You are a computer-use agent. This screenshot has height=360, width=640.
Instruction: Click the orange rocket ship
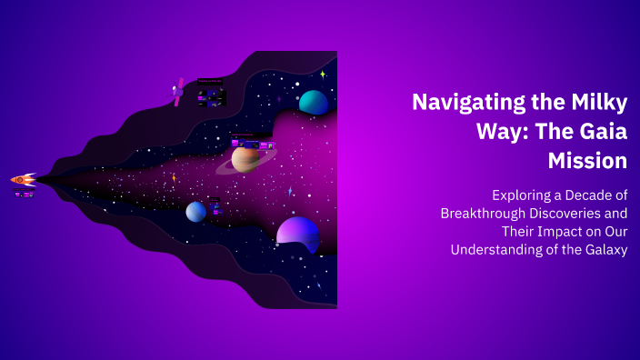pos(23,180)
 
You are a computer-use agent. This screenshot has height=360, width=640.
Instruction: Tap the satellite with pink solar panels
pos(178,92)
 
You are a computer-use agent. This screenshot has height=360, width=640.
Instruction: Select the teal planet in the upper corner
pos(314,103)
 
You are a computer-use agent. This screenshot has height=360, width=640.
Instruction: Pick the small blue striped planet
pos(196,212)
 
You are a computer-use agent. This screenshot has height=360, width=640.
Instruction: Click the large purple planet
pos(297,235)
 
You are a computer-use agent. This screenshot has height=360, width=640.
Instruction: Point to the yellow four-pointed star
pos(322,75)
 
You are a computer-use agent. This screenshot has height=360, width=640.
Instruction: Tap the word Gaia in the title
pos(598,132)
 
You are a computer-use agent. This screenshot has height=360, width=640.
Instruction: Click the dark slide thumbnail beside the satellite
pos(210,91)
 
